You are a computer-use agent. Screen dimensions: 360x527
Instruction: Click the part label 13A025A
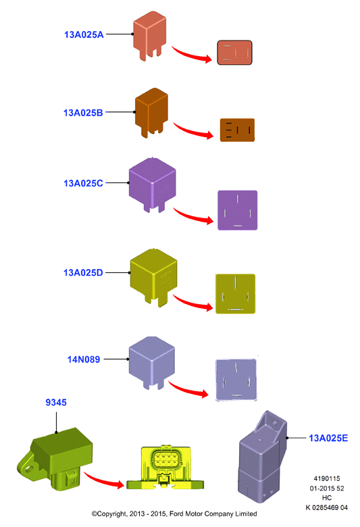[x=84, y=34]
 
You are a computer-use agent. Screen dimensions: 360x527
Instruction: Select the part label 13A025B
[x=83, y=113]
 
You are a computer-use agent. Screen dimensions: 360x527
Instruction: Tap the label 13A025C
[x=83, y=183]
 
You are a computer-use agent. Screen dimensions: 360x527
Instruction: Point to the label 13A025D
[x=83, y=272]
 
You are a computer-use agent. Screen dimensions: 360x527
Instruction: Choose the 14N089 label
[x=83, y=359]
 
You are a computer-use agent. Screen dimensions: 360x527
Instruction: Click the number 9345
[x=56, y=402]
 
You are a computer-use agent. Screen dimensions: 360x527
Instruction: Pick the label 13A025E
[x=328, y=438]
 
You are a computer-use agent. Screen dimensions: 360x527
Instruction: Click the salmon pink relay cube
[x=149, y=35]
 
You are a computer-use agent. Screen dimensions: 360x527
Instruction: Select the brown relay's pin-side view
[x=237, y=130]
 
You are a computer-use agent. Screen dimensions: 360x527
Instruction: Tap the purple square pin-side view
[x=237, y=210]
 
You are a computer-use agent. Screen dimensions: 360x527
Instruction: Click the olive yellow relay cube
[x=153, y=276]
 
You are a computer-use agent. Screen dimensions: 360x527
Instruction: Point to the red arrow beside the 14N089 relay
[x=188, y=390]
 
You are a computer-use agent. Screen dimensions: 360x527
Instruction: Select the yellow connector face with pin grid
[x=165, y=467]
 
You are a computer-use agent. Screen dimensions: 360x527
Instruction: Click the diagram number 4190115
[x=327, y=478]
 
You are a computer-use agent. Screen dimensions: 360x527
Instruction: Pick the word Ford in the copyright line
[x=176, y=513]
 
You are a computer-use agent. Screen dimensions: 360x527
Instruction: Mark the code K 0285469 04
[x=326, y=507]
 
